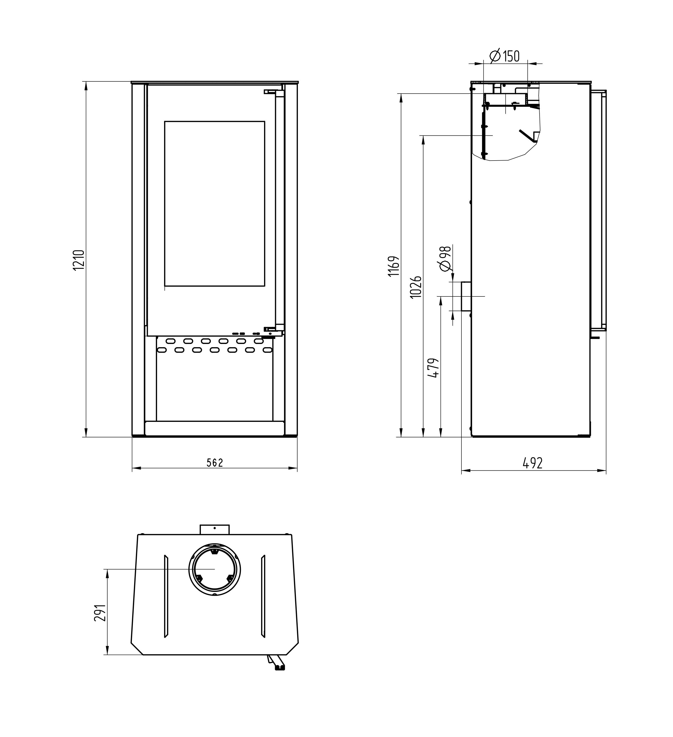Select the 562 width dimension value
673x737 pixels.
point(215,463)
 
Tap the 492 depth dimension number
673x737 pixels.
point(533,463)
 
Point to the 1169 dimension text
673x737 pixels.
point(394,266)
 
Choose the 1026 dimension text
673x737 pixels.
point(416,287)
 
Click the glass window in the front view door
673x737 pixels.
point(215,204)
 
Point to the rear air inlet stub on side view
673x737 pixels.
point(466,296)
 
